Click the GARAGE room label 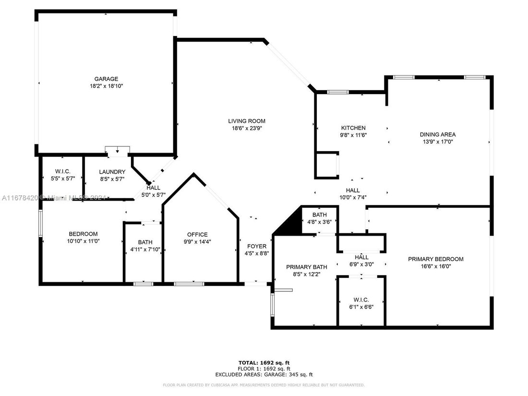tap(106, 79)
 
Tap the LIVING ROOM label tap(247, 121)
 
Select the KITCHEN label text tap(353, 128)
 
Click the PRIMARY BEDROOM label tap(436, 259)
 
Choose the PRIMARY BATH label tap(307, 267)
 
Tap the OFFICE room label tap(197, 235)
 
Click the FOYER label tap(257, 246)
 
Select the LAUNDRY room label tap(112, 172)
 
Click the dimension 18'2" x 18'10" tap(106, 86)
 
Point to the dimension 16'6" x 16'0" tap(436, 266)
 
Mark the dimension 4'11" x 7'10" tap(145, 250)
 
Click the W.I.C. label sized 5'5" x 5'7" tap(62, 171)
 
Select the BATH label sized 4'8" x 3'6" tap(319, 215)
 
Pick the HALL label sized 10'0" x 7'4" tap(353, 190)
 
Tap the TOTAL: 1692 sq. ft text tap(264, 362)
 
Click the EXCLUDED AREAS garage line tap(264, 374)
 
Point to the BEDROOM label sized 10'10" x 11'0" tap(83, 234)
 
